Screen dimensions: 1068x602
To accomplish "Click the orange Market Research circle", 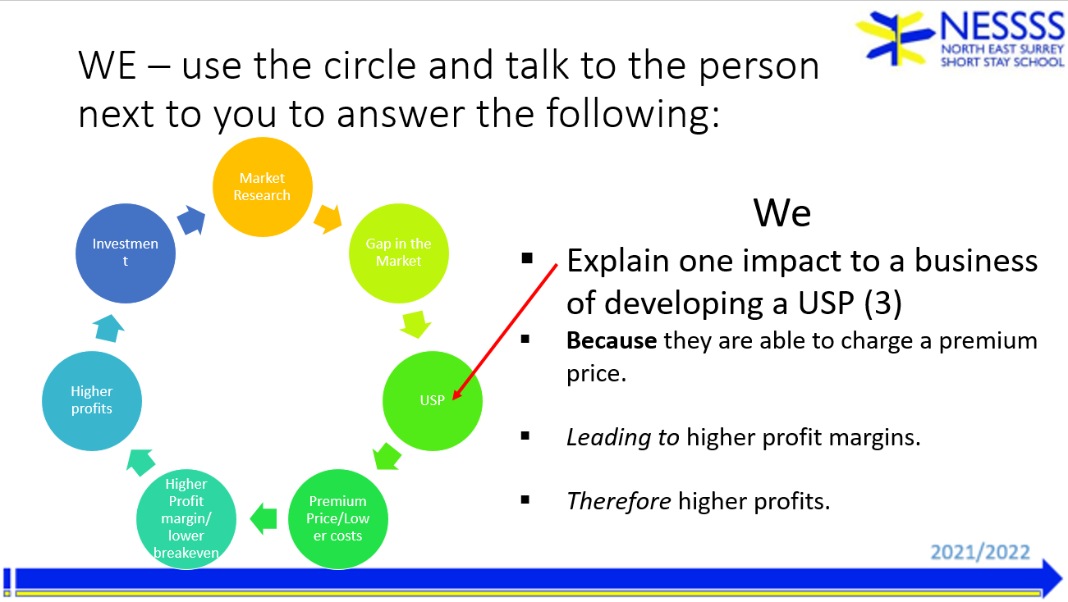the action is point(262,187).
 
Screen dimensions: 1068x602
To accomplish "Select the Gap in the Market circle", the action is point(399,253).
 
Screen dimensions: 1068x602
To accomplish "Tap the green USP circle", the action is point(433,400).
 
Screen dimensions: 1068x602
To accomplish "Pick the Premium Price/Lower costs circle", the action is point(338,518).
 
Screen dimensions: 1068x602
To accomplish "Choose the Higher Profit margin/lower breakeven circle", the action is point(186,518).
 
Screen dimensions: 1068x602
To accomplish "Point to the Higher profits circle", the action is point(92,400).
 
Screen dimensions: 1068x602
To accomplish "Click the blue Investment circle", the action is point(126,253).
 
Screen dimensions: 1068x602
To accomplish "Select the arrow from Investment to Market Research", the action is point(191,220).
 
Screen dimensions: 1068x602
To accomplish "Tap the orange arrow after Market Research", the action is point(328,219).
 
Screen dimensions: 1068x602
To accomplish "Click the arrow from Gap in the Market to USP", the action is point(415,324).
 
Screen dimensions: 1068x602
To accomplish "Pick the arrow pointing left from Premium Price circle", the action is point(264,518).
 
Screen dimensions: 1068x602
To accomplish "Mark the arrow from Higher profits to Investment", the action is point(108,328).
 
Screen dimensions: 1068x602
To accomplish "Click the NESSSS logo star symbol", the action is point(896,38).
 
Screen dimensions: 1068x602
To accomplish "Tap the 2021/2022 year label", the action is point(980,552).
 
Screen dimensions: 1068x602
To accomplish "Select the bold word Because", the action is point(612,340).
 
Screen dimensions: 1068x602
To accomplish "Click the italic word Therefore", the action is point(619,501).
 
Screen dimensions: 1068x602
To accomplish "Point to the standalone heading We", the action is point(782,212).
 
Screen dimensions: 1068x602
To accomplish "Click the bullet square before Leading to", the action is point(525,436).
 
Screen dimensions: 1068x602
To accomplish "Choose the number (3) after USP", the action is point(883,303).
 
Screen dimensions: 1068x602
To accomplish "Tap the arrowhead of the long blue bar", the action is point(1052,579).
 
